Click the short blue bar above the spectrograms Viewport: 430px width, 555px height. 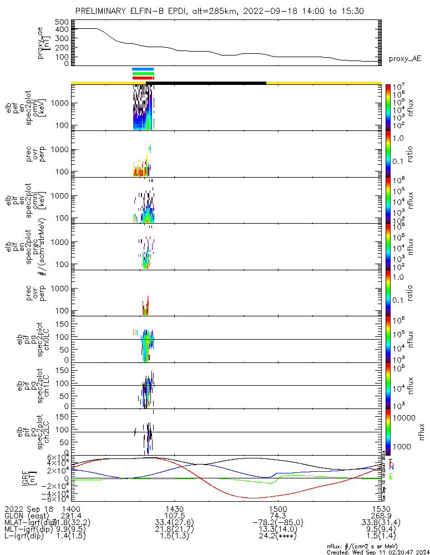coord(143,69)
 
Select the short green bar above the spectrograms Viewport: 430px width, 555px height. coord(143,73)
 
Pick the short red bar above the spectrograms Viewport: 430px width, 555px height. coord(143,78)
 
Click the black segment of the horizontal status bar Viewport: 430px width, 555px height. coord(205,83)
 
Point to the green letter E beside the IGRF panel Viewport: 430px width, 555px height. coord(391,477)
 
